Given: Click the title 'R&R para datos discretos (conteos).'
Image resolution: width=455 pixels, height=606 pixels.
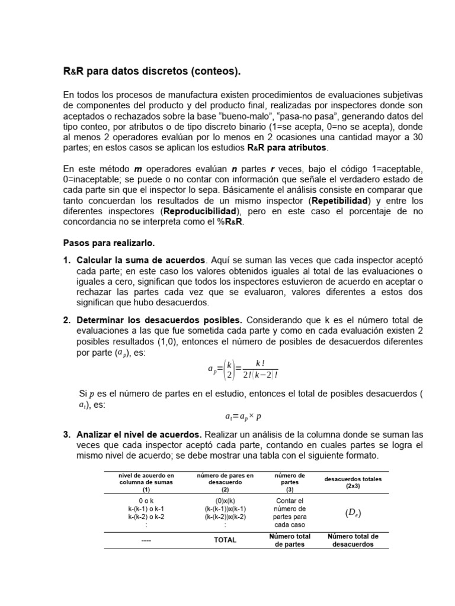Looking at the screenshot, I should (x=152, y=71).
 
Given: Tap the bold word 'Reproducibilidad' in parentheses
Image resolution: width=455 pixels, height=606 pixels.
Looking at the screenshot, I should (x=200, y=211).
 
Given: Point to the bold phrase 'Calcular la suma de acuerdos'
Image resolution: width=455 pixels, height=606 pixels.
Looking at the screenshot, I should (x=141, y=260).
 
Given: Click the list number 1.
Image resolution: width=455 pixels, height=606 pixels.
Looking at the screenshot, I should (x=67, y=260).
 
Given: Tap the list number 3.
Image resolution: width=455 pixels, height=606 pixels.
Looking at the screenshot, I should (x=67, y=434).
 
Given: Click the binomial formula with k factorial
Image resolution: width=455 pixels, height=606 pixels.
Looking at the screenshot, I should (x=243, y=369).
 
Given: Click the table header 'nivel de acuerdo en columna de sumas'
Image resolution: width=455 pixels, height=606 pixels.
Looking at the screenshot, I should (x=146, y=482).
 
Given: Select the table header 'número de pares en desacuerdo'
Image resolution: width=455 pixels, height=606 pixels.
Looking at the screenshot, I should (x=225, y=482).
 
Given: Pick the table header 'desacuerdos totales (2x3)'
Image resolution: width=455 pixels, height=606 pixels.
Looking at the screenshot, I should (x=353, y=482).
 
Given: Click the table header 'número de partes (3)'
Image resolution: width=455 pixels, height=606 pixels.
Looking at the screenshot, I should (x=290, y=482).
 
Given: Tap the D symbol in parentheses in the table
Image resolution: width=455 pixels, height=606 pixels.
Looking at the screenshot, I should (x=353, y=512).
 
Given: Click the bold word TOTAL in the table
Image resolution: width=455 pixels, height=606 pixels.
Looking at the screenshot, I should (x=225, y=540).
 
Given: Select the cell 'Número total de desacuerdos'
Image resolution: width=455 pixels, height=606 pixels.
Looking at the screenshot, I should (x=353, y=540).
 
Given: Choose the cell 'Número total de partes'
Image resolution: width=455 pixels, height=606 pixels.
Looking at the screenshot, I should (x=290, y=540).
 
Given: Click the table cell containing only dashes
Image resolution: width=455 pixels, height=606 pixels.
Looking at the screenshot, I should (x=146, y=540).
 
